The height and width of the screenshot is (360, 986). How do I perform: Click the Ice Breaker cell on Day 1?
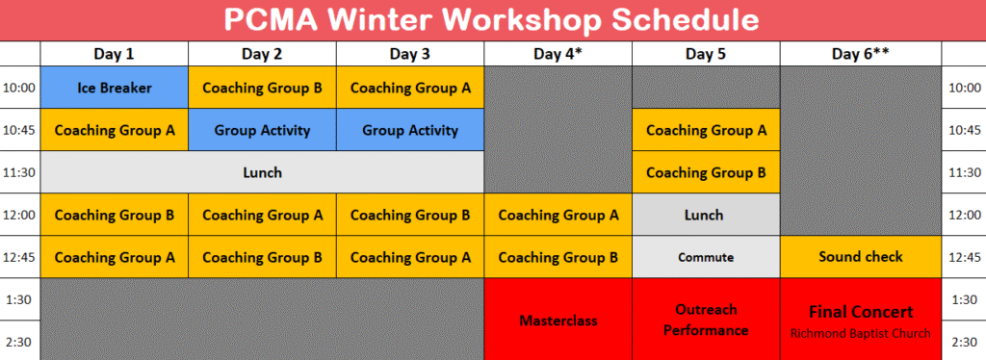(x=115, y=88)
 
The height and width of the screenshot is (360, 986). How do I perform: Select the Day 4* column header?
(x=558, y=54)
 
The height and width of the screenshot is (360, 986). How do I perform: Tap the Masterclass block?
(x=558, y=321)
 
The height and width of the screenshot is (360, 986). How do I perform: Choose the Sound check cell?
(x=860, y=256)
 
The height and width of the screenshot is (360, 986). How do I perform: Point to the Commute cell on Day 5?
(x=706, y=257)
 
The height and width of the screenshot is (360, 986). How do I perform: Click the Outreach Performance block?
(x=706, y=320)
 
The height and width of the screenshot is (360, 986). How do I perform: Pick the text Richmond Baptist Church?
(x=860, y=333)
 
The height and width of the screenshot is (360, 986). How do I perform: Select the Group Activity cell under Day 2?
(x=262, y=130)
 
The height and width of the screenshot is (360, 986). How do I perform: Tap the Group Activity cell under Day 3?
(x=410, y=130)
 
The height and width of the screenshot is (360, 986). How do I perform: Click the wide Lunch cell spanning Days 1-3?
(x=262, y=172)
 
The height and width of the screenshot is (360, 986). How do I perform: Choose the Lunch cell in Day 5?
(x=706, y=215)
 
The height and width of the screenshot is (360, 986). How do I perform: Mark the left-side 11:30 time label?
(x=19, y=172)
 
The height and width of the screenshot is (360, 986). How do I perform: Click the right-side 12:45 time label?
(x=964, y=258)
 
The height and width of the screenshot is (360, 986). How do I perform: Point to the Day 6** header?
(x=860, y=54)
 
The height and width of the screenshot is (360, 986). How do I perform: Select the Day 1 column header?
(x=115, y=54)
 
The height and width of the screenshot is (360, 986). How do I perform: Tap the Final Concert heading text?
(x=860, y=312)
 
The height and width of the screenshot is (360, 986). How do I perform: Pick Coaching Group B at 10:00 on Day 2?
(x=262, y=88)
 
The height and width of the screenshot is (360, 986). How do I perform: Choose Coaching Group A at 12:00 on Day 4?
(x=558, y=215)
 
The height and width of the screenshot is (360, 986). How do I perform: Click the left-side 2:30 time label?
(x=19, y=343)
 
